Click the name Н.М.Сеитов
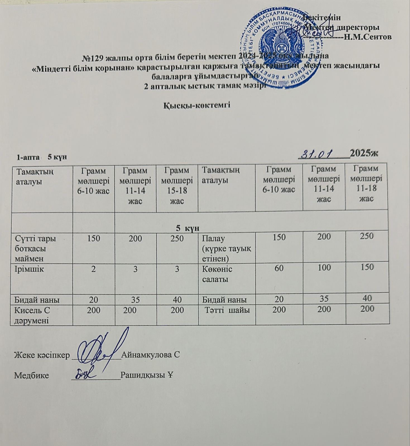pos(368,37)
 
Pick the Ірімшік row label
pos(29,269)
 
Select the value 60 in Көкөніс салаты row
pos(279,268)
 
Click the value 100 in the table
pos(324,268)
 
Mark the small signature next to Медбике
pos(85,374)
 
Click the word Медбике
pos(32,375)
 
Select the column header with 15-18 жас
pos(177,185)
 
